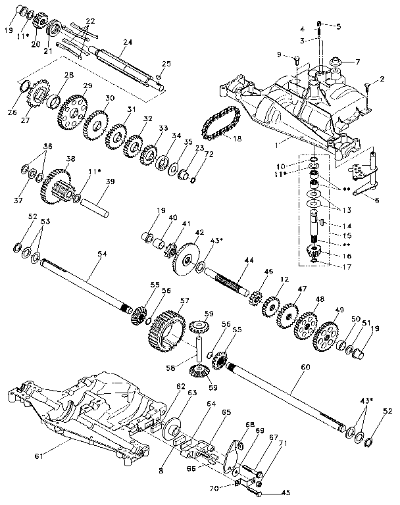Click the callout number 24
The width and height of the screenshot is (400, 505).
pyautogui.click(x=127, y=42)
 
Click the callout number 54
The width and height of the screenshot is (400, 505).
pyautogui.click(x=101, y=254)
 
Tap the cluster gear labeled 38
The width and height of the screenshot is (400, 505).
pyautogui.click(x=56, y=184)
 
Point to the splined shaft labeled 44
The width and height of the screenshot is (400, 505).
pyautogui.click(x=227, y=285)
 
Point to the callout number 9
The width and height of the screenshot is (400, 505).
pyautogui.click(x=279, y=53)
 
